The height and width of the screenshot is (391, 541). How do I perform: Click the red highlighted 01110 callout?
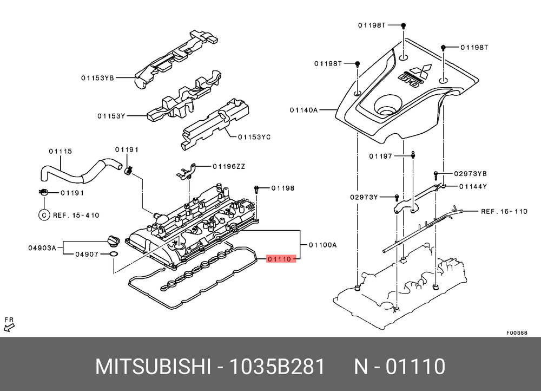tap(280, 259)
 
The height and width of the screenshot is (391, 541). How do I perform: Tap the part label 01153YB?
tap(98, 77)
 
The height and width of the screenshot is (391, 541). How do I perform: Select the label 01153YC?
tap(254, 137)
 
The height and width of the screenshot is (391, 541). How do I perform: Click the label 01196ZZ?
tap(228, 166)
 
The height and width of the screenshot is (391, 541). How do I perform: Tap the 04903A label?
tap(42, 248)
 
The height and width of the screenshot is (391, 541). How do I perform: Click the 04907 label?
tap(87, 253)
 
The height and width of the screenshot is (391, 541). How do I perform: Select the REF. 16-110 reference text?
tap(504, 211)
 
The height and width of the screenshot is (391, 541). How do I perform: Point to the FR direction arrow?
tap(9, 323)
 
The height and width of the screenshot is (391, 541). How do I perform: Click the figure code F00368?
tap(516, 333)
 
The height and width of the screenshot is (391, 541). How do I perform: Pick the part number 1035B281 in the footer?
tap(278, 367)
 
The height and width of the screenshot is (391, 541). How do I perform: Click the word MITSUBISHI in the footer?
tap(153, 367)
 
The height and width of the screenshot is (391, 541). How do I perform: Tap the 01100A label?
tap(322, 245)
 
